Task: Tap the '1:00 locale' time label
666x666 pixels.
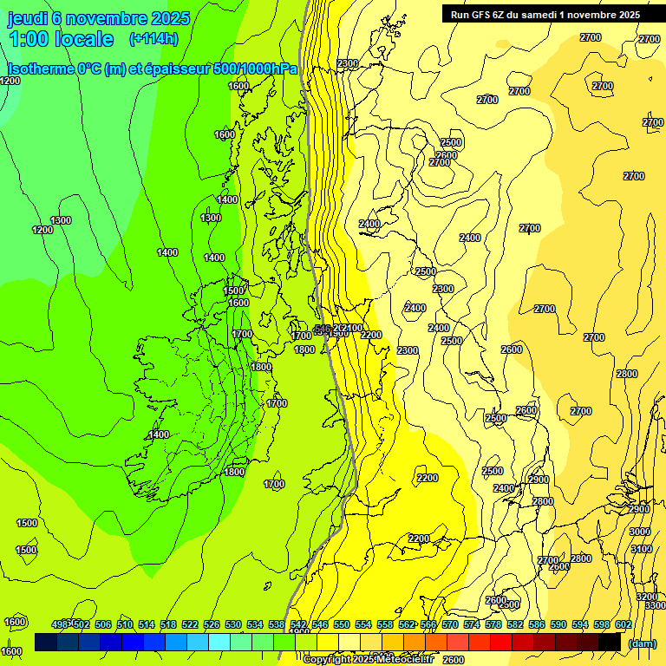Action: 61,39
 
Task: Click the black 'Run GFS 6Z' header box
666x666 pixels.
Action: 545,14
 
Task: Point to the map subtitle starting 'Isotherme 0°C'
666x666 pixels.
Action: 152,69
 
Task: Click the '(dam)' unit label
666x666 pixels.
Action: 642,643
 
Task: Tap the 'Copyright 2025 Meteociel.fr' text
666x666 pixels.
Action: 368,659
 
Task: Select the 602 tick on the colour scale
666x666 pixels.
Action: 623,624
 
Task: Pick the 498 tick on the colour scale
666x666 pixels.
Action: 61,624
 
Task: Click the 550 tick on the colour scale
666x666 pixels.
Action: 342,624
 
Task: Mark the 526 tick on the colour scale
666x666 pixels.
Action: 212,624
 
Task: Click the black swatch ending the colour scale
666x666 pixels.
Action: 610,642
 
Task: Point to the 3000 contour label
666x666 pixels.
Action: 639,532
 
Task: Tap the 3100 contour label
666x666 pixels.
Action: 641,549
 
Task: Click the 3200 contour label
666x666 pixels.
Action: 646,597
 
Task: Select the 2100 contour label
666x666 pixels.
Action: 352,328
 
